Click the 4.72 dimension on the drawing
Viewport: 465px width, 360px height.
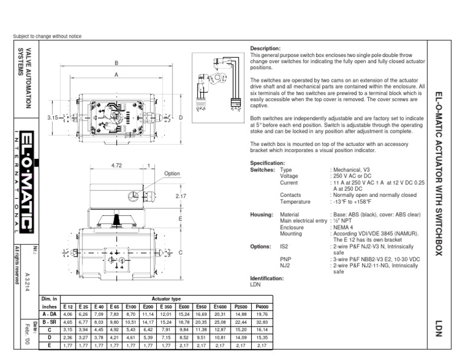[117, 165]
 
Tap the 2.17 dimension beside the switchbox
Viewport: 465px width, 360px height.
[180, 196]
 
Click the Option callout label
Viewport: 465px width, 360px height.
[173, 173]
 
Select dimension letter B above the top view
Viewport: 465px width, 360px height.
[116, 63]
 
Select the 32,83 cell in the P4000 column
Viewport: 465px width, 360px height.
[262, 322]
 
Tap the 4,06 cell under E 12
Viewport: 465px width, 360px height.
[68, 315]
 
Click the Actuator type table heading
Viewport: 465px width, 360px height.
[167, 299]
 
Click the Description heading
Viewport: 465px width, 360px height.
[265, 48]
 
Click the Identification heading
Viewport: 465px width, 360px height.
[267, 278]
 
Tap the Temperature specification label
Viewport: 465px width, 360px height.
[295, 201]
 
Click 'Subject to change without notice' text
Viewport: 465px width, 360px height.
[47, 36]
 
